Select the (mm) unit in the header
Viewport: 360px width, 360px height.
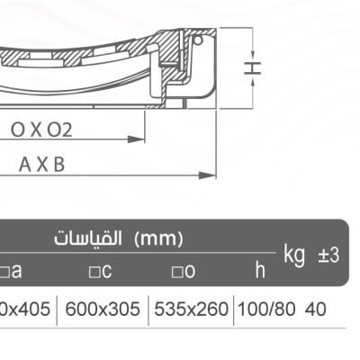[158, 239]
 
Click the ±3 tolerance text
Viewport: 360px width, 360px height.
[328, 255]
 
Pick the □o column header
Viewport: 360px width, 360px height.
[184, 270]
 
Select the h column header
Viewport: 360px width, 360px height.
[259, 269]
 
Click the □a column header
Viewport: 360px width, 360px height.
[11, 270]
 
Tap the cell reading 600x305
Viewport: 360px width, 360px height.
[103, 310]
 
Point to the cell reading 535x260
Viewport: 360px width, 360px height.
[191, 310]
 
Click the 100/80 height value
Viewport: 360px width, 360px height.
[264, 310]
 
